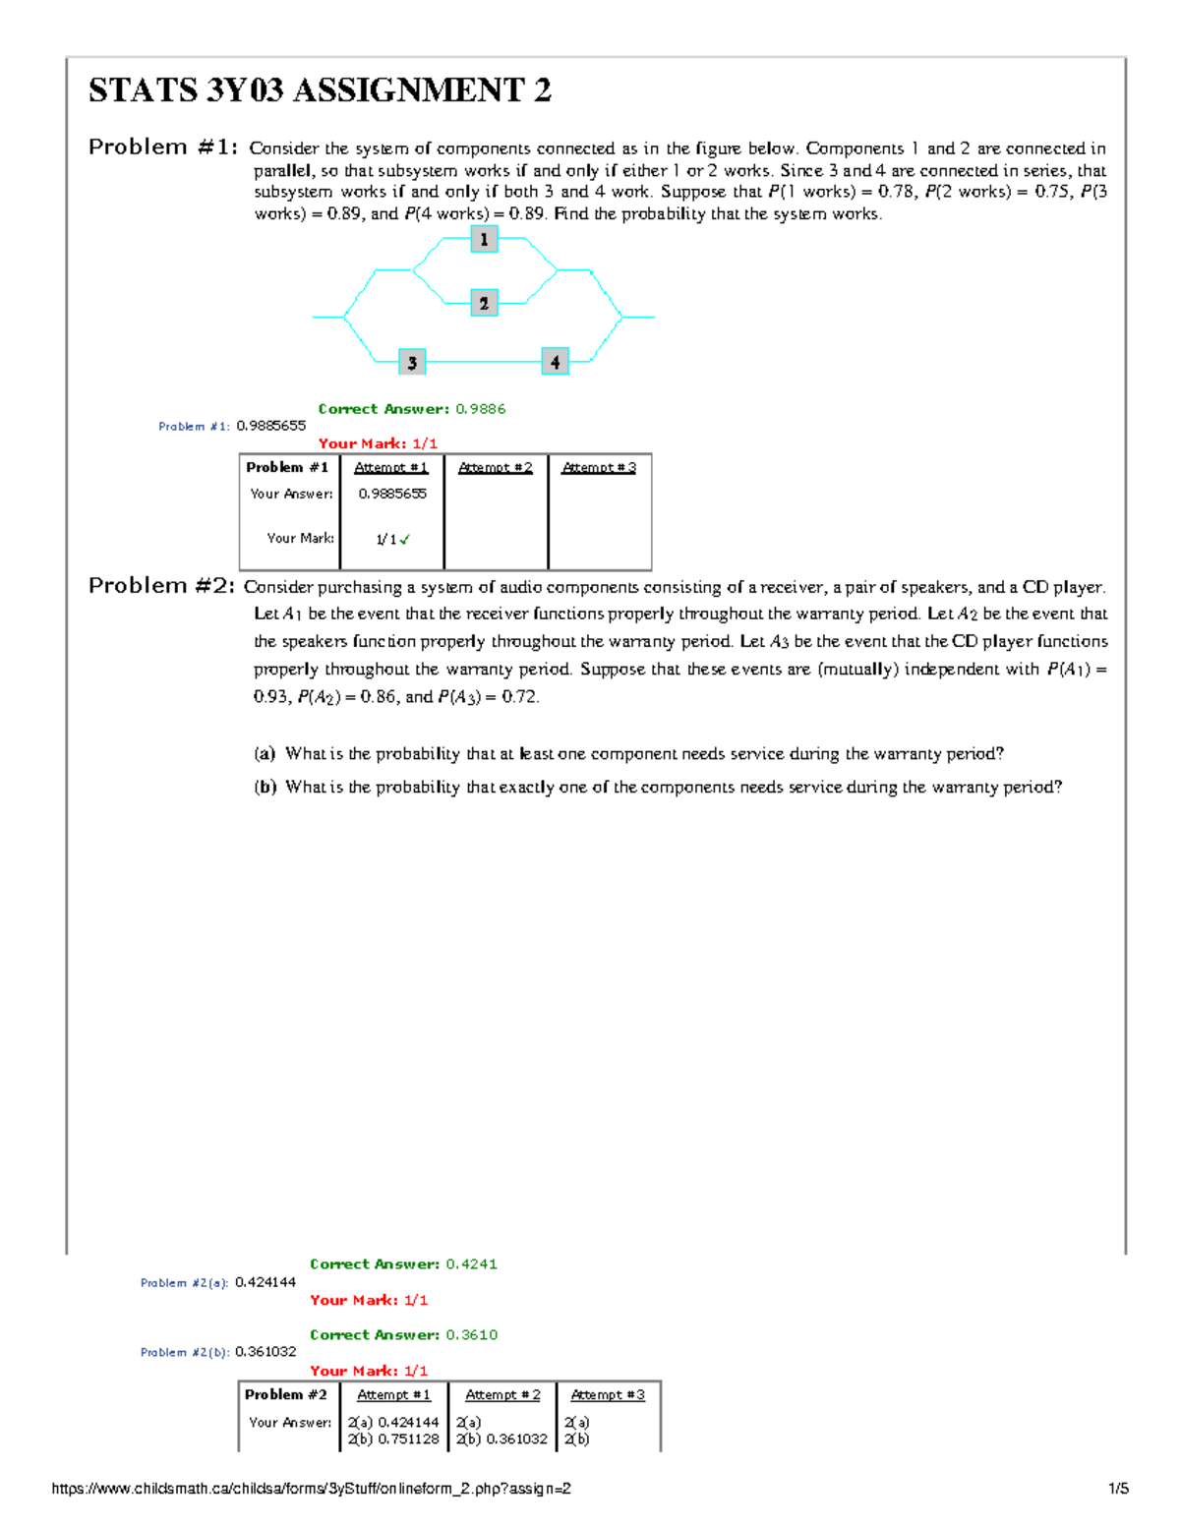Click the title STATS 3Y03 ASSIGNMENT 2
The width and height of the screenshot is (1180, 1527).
coord(320,90)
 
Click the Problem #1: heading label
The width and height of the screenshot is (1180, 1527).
coord(162,147)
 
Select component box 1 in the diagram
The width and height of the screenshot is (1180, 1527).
coord(483,239)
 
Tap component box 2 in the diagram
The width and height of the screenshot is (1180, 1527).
coord(483,303)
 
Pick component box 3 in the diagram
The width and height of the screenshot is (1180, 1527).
coord(412,362)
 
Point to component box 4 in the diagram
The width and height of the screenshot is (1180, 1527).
coord(555,362)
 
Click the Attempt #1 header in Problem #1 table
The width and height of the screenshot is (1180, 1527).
coord(390,468)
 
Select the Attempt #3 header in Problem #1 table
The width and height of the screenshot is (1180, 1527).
coord(598,468)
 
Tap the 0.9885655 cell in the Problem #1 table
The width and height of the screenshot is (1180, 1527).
coord(392,494)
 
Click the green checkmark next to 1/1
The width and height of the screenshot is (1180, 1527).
coord(405,539)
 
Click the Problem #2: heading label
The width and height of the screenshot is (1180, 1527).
coord(162,586)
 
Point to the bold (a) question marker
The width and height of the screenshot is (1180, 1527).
coord(265,754)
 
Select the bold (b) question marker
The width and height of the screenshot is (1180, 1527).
coord(265,788)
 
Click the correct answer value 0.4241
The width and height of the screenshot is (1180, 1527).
coord(471,1264)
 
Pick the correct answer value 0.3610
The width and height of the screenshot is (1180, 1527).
coord(471,1335)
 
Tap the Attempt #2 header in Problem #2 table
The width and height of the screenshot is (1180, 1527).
coord(501,1395)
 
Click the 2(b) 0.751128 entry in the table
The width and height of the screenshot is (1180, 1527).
coord(393,1439)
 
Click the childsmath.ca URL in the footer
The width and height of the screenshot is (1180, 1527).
coord(311,1489)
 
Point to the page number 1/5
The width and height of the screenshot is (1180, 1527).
coord(1118,1489)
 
